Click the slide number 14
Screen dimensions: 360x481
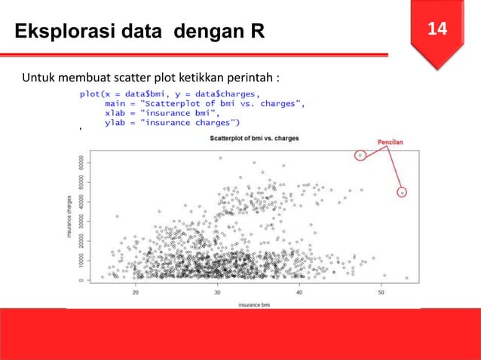[x=438, y=29]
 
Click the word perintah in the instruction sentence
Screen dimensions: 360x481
[x=253, y=78]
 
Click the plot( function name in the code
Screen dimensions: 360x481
[x=94, y=94]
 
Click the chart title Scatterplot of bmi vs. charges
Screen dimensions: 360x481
[x=250, y=140]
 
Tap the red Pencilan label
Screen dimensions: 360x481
[x=390, y=141]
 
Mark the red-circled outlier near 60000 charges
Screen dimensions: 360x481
[x=360, y=156]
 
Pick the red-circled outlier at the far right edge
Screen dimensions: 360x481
[x=403, y=193]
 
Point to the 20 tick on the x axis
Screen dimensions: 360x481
[x=136, y=293]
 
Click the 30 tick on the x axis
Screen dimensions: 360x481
[x=218, y=293]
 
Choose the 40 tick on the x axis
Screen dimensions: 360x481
[x=300, y=293]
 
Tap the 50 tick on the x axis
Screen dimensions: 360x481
[x=381, y=293]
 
